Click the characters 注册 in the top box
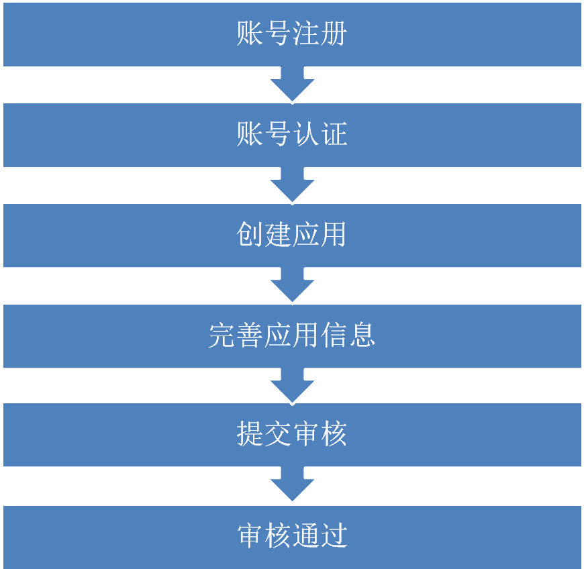(x=320, y=34)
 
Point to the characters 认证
(x=320, y=134)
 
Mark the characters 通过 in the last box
(x=320, y=535)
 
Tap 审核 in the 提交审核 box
(x=320, y=435)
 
